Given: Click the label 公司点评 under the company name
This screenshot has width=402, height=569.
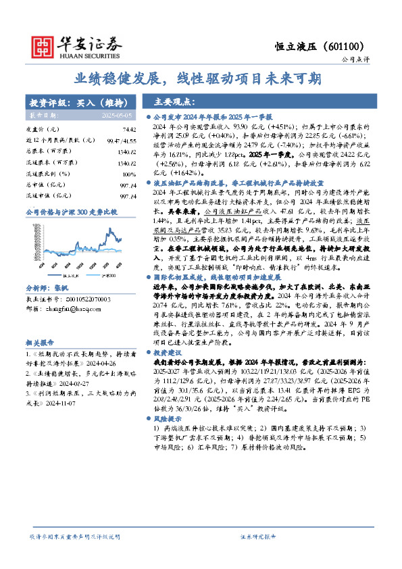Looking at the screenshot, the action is tap(353, 60).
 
